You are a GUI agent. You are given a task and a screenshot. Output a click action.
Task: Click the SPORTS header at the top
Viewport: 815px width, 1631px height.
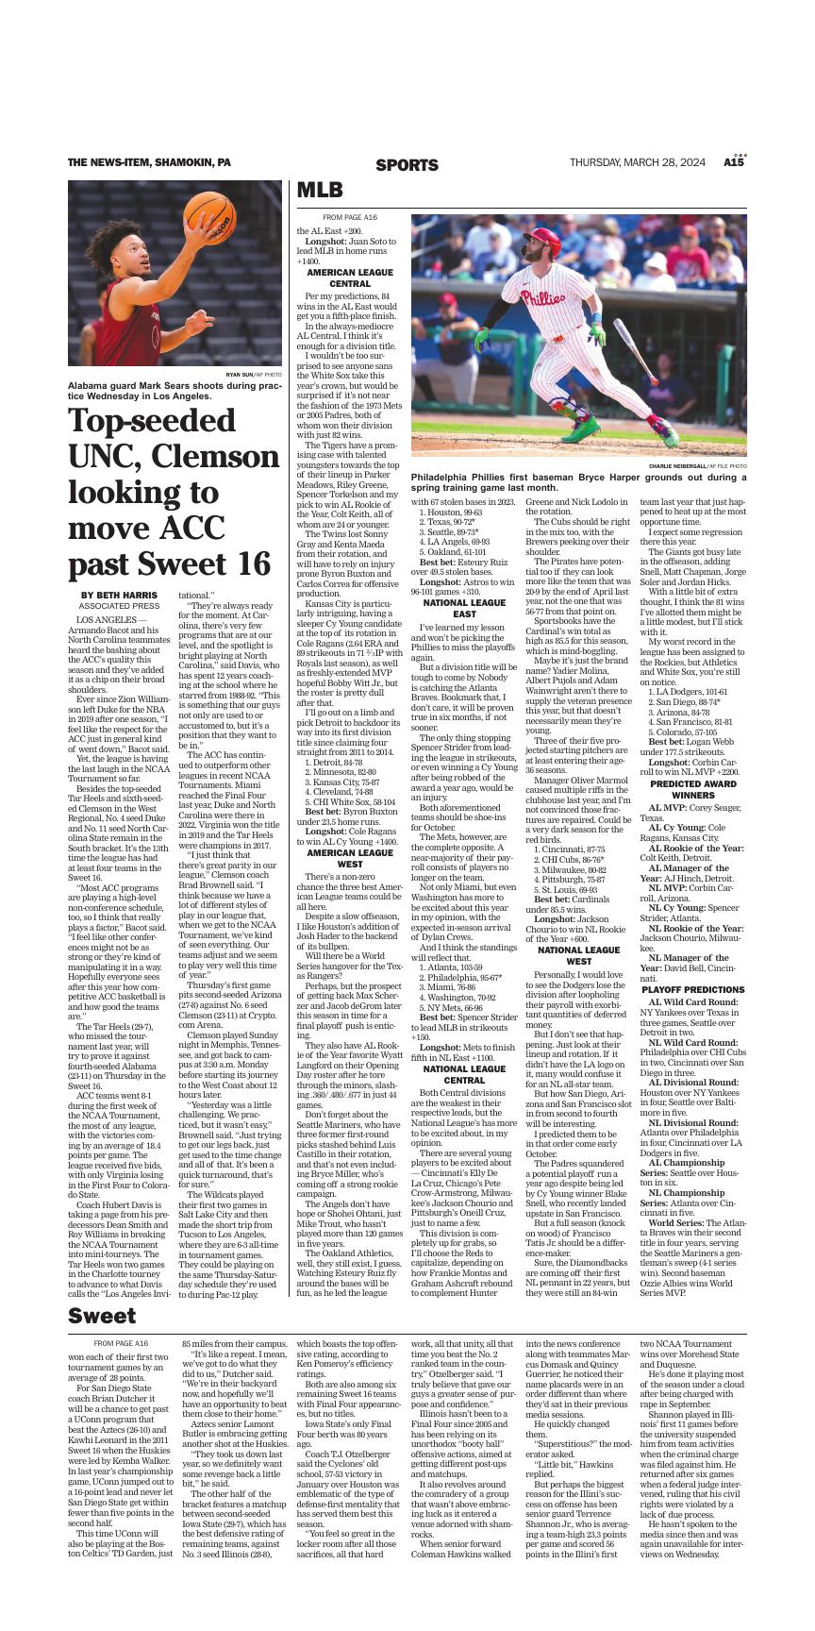(x=407, y=165)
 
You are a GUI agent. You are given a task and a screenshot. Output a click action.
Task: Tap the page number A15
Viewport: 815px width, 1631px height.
(x=734, y=162)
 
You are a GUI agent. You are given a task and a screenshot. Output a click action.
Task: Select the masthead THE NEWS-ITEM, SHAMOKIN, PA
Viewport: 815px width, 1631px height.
(x=149, y=162)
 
